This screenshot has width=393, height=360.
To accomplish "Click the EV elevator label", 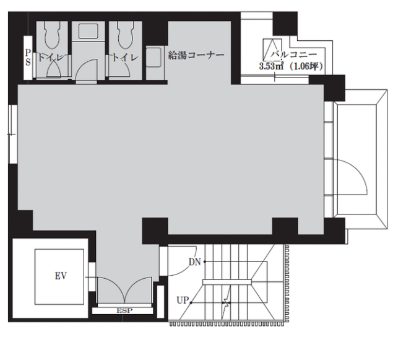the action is point(61,276).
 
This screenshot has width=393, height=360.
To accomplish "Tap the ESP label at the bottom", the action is point(124,310).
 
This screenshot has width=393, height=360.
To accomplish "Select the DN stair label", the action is point(195,262).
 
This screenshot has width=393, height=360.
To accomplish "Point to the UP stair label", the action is point(183,301).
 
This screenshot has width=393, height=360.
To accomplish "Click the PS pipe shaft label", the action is point(28,58).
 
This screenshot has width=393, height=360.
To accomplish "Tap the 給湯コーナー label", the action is point(196,55).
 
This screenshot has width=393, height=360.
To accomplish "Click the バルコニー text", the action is point(293,55).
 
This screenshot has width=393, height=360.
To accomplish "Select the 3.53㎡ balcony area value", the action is point(271,67).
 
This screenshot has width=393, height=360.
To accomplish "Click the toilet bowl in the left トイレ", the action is point(52,35).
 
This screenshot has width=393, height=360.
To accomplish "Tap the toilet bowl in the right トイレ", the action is point(126,35).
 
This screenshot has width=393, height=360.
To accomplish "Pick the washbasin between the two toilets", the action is point(89,32).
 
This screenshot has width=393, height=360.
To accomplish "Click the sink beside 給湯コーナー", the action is point(153,58).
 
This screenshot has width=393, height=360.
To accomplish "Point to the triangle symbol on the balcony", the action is point(272,50).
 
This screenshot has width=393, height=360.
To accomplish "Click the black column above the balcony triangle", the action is point(285,24).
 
